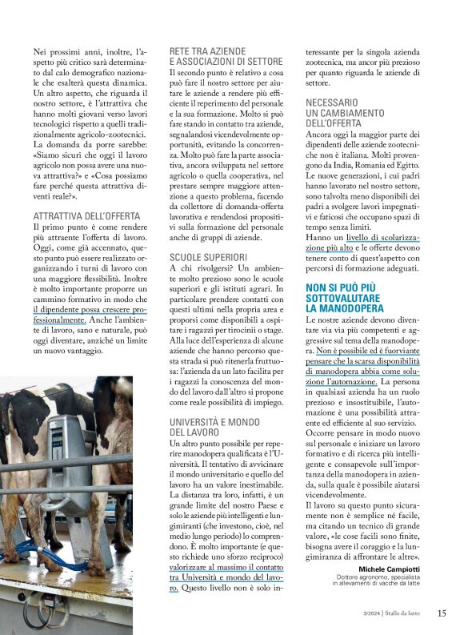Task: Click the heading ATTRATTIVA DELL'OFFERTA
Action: pos(86,216)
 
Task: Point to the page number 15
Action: pos(442,613)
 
